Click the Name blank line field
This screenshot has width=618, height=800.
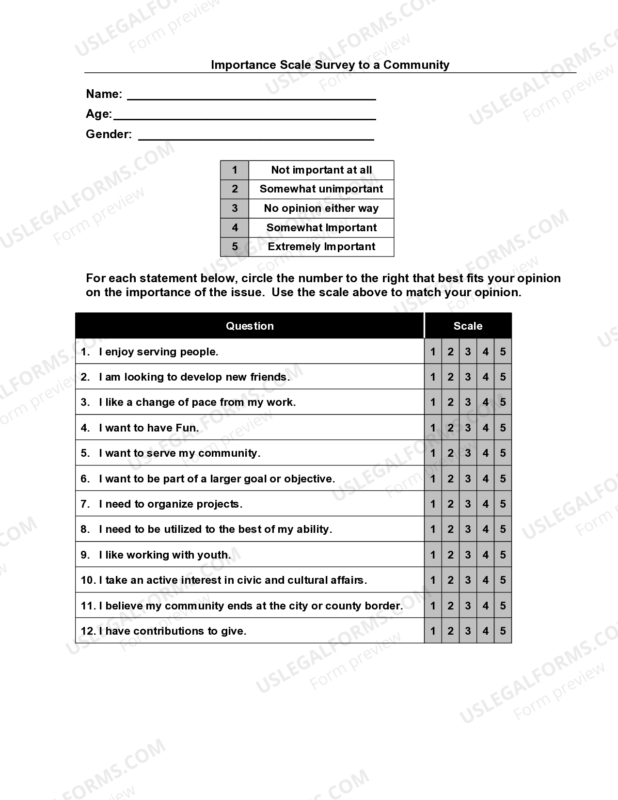click(x=251, y=95)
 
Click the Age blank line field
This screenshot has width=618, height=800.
click(x=244, y=115)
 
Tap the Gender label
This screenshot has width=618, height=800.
click(x=109, y=134)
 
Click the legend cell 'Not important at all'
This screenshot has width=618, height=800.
click(x=321, y=170)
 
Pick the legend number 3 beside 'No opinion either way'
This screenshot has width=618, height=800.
click(x=235, y=208)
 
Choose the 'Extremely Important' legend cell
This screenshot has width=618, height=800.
click(x=321, y=247)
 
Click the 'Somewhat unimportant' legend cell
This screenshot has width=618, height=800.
click(x=321, y=189)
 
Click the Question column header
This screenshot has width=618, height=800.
click(x=250, y=326)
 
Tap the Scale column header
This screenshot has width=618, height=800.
click(x=468, y=326)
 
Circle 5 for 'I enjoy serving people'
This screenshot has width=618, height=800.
click(x=503, y=352)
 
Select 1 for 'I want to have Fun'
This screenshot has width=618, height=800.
click(x=433, y=428)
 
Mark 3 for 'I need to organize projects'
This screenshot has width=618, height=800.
click(x=468, y=504)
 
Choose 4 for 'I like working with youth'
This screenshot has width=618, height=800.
click(x=485, y=555)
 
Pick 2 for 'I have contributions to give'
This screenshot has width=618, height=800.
click(x=450, y=631)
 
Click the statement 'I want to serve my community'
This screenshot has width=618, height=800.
click(x=179, y=453)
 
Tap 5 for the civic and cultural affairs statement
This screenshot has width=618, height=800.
click(x=503, y=580)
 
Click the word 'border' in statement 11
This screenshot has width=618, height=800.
click(x=385, y=606)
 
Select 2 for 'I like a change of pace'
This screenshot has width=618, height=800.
click(x=450, y=402)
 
